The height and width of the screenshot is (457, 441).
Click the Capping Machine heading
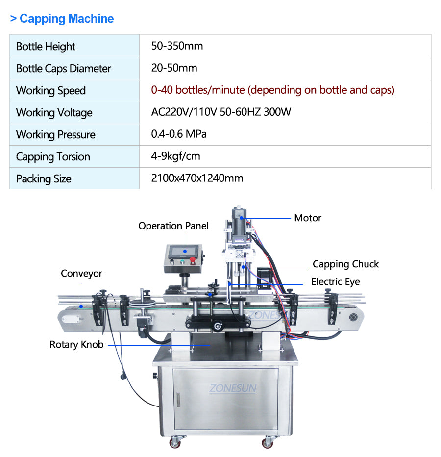62,18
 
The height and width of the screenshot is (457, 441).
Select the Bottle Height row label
46,47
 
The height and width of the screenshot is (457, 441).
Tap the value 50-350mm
177,46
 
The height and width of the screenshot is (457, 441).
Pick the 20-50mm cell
174,68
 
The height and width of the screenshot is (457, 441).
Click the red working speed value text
272,90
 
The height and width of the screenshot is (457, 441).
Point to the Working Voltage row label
54,112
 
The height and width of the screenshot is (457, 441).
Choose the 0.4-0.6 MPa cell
179,134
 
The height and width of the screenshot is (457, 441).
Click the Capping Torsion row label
53,157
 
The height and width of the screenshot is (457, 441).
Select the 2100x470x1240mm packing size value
197,178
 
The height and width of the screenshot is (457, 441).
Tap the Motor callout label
308,218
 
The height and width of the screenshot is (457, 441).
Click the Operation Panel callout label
173,226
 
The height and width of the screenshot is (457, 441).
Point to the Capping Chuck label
345,264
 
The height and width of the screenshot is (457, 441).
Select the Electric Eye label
335,282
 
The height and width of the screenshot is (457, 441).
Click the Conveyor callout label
81,274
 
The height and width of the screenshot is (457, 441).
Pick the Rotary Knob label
76,345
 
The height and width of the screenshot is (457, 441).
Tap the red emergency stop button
192,260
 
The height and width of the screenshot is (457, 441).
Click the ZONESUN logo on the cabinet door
233,388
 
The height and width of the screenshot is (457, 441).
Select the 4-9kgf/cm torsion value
175,156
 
